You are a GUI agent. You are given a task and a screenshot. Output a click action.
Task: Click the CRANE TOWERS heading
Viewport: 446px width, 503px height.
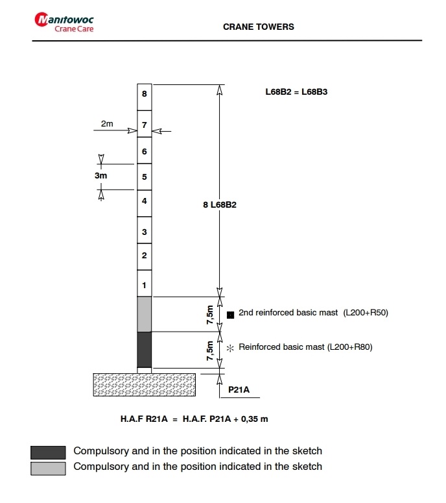pos(258,27)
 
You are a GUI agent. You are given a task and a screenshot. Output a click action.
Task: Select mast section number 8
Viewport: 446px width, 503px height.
pos(144,95)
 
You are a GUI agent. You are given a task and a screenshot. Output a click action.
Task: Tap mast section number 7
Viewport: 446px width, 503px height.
pos(144,124)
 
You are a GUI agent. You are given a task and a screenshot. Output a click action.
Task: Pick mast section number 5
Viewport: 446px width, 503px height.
pos(144,177)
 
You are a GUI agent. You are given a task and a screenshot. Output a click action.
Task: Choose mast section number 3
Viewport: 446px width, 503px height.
pos(144,232)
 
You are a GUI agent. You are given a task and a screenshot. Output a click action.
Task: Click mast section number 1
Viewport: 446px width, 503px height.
pos(144,285)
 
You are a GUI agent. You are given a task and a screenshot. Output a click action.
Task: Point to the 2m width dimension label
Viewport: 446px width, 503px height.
pos(107,123)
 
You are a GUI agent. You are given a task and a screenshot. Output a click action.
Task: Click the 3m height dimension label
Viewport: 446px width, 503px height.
pos(100,176)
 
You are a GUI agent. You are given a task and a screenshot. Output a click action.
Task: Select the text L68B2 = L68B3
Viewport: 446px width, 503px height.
pos(296,92)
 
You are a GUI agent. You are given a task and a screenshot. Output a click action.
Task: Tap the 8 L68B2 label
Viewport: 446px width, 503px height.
pos(220,205)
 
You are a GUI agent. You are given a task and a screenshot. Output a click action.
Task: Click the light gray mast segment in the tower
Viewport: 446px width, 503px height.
pos(144,314)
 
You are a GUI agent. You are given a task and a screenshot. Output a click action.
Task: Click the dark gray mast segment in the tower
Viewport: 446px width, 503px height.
pos(144,349)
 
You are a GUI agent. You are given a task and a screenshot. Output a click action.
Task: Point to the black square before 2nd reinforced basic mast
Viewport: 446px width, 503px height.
pos(230,314)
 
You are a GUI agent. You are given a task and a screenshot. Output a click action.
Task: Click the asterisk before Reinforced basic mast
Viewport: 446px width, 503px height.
pos(229,348)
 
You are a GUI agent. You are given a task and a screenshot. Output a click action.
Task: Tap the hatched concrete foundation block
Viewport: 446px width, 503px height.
pos(145,384)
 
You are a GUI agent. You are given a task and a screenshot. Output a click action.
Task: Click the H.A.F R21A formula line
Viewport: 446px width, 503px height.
pos(194,419)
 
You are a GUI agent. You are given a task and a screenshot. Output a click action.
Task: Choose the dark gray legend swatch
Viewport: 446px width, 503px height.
pos(48,452)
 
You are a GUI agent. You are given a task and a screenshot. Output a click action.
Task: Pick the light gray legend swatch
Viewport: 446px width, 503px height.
pos(48,467)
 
